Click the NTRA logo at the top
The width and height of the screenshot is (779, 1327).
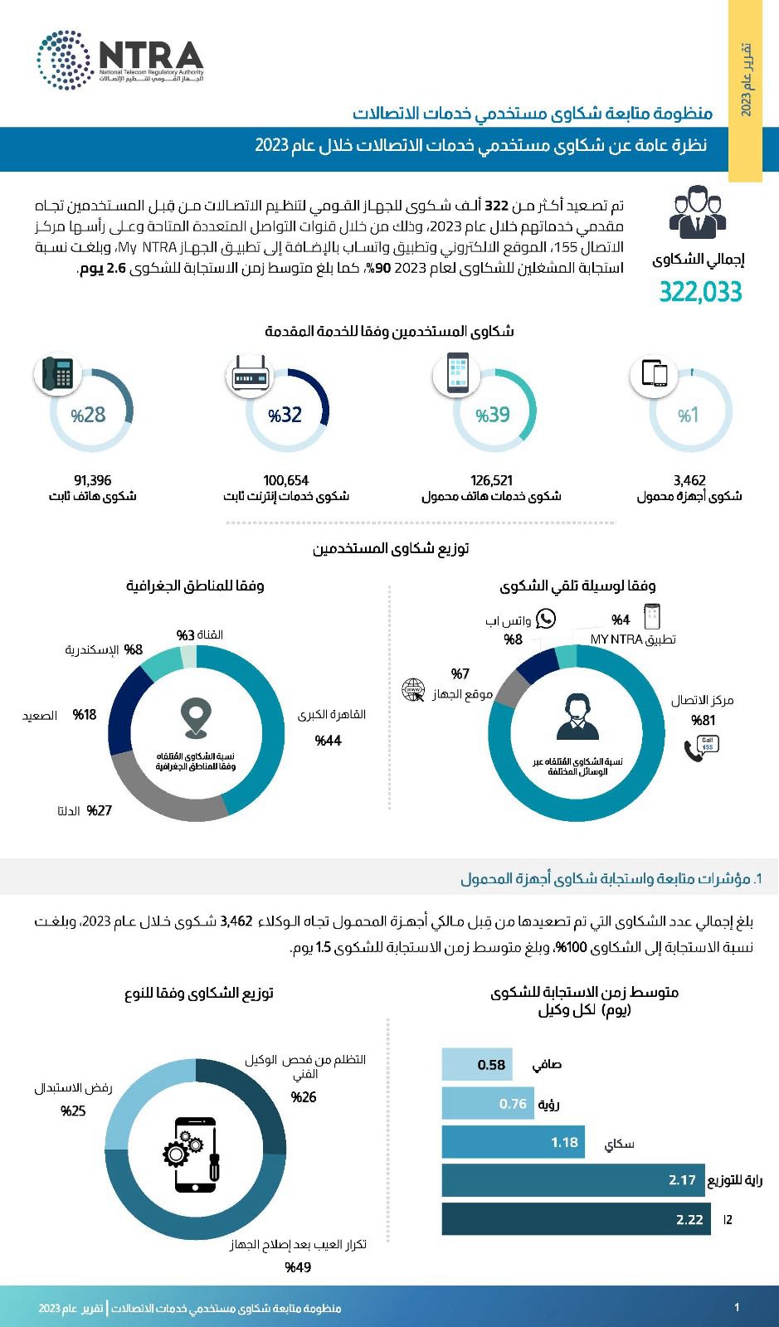coord(120,60)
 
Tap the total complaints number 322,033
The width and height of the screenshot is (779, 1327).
coord(700,293)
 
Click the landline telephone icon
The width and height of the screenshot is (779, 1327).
coord(57,373)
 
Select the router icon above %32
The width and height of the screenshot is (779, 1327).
coord(250,378)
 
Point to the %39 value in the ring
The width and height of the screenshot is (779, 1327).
coord(492,415)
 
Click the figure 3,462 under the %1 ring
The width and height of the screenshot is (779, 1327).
coord(689,480)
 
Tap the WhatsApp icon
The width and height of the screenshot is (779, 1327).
coord(545,618)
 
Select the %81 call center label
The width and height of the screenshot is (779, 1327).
coord(703,720)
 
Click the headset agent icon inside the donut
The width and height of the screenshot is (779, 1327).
coord(577,717)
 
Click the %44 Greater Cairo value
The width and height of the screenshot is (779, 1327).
coord(328,741)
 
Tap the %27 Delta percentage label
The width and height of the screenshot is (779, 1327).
coord(99,810)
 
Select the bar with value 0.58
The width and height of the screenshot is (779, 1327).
coord(476,1064)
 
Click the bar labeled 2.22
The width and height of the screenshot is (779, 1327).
coord(576,1219)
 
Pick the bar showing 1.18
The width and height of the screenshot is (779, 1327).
coord(513,1142)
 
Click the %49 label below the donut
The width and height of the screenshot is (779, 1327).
coord(298,1267)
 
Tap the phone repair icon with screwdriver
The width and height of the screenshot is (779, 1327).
coord(196,1149)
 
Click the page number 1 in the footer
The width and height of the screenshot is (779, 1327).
coord(737,1308)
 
